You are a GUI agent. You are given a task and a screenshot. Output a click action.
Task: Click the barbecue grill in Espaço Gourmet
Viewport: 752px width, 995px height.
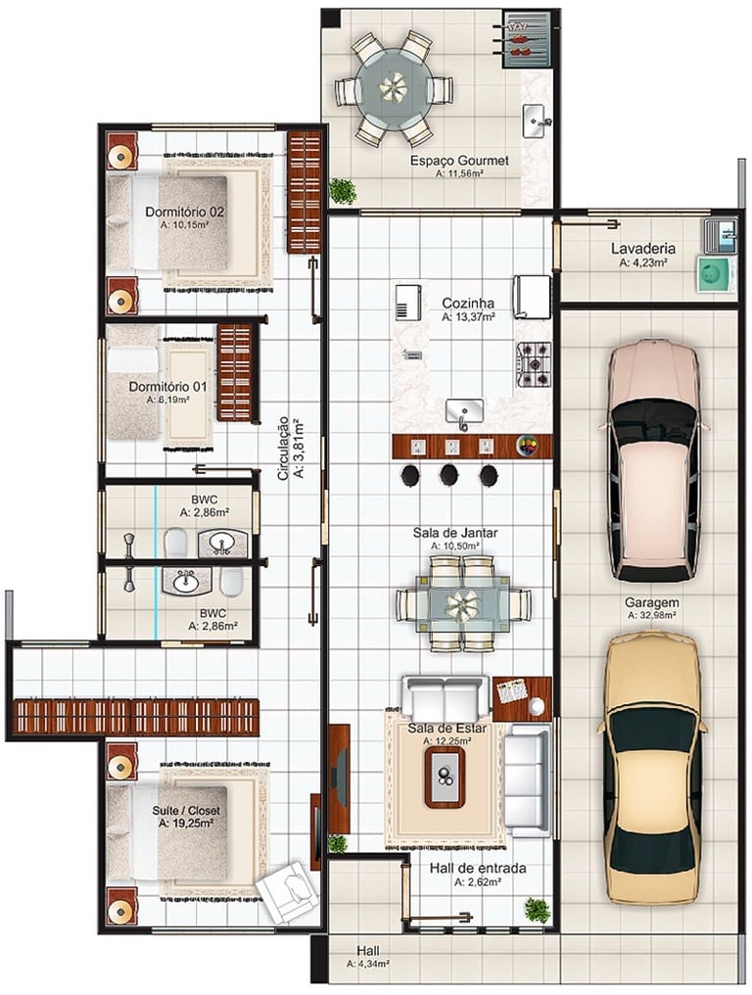point(526,39)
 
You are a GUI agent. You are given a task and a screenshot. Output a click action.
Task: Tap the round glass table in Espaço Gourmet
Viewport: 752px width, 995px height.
point(394,85)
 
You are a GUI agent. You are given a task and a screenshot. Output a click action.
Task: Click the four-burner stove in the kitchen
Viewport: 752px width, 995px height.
point(535,365)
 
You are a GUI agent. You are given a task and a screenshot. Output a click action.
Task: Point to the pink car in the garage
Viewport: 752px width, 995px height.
point(653,461)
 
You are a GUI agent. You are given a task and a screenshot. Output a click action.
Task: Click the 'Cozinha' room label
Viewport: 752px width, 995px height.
point(468,304)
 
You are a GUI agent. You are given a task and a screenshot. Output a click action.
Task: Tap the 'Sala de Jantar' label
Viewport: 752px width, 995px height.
point(455,533)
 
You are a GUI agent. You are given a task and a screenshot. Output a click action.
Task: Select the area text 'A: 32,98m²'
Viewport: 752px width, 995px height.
point(651,614)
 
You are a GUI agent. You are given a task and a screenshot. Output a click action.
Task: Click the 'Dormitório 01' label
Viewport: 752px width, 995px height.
point(168,387)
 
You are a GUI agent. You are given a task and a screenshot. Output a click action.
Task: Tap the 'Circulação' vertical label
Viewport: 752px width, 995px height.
point(283,448)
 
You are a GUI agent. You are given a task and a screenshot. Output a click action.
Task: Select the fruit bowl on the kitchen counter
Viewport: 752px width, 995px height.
point(528,445)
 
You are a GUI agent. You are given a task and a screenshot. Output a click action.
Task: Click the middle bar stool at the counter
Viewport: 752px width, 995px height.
point(449,473)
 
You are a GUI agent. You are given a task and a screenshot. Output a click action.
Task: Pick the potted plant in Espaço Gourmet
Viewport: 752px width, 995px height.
point(343,190)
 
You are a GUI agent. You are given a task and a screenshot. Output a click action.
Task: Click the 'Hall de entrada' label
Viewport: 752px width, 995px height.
point(478,868)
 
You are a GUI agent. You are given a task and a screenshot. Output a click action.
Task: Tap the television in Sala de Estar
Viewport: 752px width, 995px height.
point(340,767)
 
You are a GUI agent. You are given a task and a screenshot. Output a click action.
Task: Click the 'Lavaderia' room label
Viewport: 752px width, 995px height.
point(643,249)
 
